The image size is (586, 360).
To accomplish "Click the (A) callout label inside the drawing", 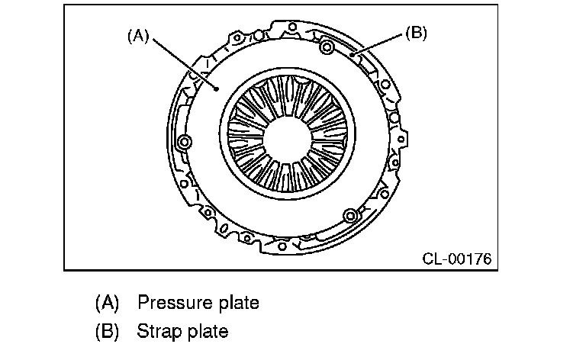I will click(137, 36).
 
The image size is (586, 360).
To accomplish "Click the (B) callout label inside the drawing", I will click(416, 33).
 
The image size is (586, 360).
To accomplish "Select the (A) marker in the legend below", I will click(108, 303).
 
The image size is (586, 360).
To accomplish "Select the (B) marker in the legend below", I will click(108, 332).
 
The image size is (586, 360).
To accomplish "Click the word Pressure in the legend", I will click(172, 303).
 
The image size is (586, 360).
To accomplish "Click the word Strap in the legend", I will click(157, 332).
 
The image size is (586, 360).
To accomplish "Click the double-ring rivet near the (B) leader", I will click(327, 50).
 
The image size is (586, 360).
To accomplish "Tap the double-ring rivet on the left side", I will click(184, 143).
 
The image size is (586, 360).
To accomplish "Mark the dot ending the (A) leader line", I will click(217, 88).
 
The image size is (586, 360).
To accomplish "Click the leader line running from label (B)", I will click(378, 45).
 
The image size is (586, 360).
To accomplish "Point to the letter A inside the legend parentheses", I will click(108, 303).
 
